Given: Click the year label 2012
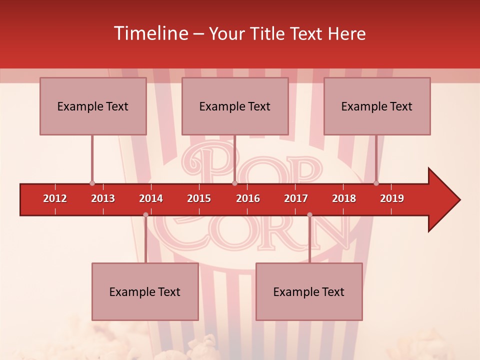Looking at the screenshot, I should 55,198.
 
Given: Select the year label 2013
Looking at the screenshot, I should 103,198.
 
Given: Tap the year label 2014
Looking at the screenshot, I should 151,198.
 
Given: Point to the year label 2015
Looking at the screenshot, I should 199,198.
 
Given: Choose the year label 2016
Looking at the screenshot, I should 248,198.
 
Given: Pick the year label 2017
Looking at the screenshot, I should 296,198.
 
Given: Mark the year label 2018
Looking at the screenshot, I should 344,198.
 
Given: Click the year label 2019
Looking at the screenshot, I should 392,198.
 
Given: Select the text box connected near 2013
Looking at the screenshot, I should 93,106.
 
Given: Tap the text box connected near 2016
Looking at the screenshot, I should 235,106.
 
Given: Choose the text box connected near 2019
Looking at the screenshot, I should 377,106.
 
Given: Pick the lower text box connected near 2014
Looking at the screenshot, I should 145,291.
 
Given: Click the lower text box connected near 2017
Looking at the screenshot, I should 309,291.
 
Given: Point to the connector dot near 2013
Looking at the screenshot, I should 92,183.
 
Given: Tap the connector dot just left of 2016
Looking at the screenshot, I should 234,183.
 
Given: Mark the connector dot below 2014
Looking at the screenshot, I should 145,215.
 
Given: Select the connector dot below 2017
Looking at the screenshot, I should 309,215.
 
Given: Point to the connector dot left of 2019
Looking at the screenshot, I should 376,183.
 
